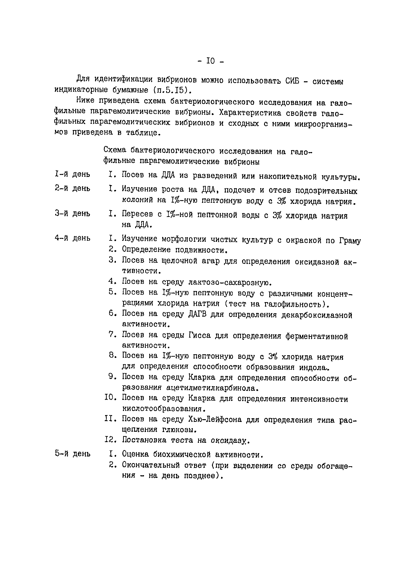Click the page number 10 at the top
point(210,61)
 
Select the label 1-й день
point(73,174)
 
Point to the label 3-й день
point(73,214)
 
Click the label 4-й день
point(73,238)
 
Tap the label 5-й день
point(73,454)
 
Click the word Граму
point(350,241)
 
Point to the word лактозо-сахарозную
point(230,283)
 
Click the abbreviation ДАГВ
point(197,314)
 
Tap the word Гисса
point(199,335)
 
